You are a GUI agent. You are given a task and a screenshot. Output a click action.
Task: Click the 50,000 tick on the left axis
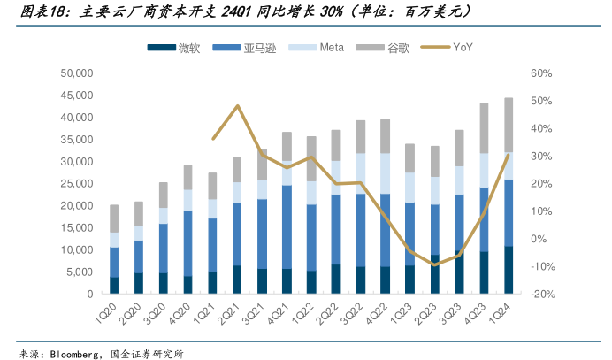pos(77,73)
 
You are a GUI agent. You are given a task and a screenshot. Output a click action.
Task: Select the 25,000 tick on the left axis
pos(77,183)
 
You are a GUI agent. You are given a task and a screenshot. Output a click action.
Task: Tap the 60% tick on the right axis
pos(542,73)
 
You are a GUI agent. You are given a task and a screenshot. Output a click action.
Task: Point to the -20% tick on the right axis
pos(542,295)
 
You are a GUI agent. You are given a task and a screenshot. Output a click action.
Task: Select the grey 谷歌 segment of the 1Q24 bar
pos(509,125)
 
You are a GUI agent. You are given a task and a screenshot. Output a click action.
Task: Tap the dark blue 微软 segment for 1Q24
pos(509,270)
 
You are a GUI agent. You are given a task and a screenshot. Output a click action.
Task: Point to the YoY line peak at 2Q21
pos(238,106)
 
